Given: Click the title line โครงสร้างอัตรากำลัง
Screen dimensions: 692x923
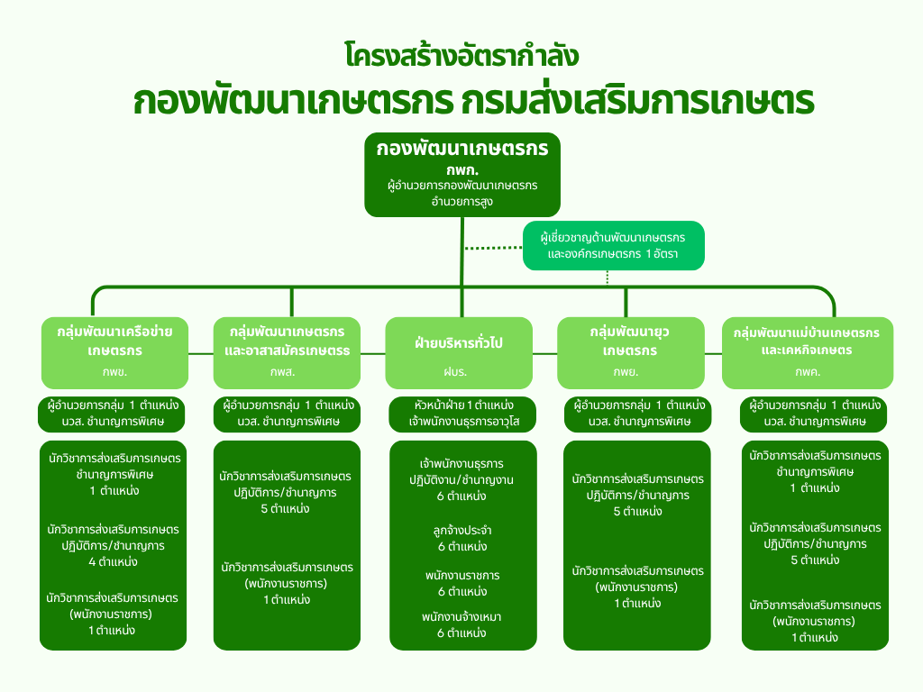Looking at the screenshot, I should [x=461, y=56].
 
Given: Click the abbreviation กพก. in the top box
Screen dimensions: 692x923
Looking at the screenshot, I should [x=461, y=169].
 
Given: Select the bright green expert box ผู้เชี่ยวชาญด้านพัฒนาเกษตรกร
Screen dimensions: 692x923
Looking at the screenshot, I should [x=613, y=246].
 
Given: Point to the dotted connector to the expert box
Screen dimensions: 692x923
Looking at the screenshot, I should [x=493, y=247].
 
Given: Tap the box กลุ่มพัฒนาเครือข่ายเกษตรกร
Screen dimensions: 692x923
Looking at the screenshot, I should [x=121, y=341].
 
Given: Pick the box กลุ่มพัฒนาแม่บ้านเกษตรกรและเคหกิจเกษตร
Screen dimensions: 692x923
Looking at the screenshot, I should [x=807, y=341].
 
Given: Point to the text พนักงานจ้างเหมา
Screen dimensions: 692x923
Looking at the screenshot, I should [x=461, y=616].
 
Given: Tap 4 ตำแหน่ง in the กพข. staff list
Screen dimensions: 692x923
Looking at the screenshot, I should [x=113, y=562].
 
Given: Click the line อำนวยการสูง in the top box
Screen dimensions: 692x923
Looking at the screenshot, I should [x=461, y=202].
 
